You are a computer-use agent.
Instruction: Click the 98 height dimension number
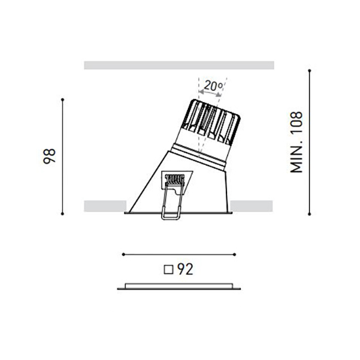[50, 156]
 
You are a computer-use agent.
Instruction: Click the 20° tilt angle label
[213, 85]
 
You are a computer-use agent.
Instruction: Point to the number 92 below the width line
[185, 269]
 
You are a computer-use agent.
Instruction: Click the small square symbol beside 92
[168, 270]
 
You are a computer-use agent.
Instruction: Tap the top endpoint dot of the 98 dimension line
[62, 99]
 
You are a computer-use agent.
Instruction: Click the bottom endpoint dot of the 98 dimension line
[62, 214]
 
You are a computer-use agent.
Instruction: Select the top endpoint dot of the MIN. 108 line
[309, 71]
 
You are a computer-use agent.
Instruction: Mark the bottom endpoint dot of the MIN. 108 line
[309, 214]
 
